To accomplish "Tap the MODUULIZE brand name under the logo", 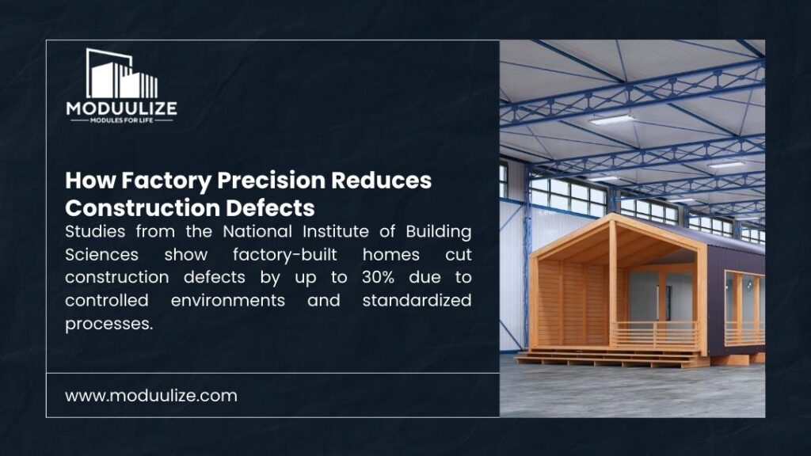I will click(x=122, y=108).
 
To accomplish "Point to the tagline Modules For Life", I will click(x=122, y=120).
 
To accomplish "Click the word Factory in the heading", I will click(x=148, y=180).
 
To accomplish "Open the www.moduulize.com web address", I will click(x=151, y=395).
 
